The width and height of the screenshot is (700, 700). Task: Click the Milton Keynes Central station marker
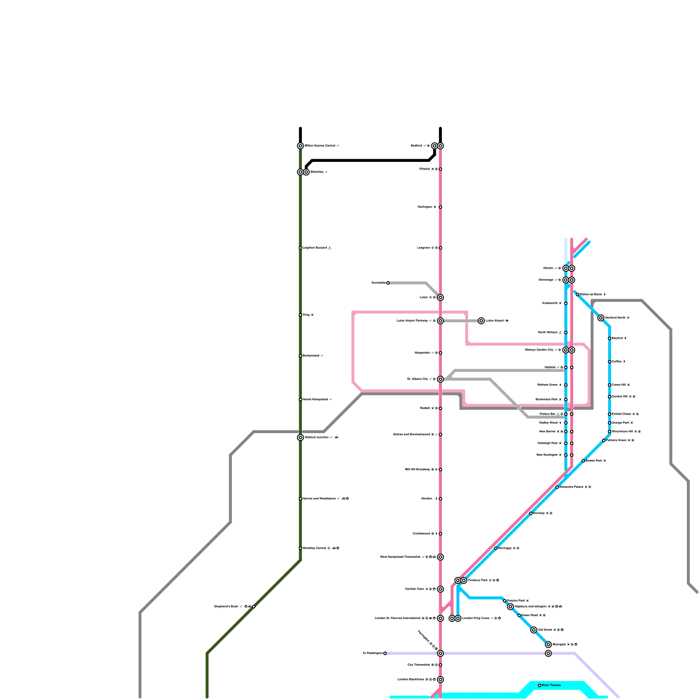tap(300, 146)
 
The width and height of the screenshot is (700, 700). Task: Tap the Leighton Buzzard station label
tap(315, 248)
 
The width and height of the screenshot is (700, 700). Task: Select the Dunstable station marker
tap(388, 283)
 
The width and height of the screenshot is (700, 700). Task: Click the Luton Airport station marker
tap(481, 321)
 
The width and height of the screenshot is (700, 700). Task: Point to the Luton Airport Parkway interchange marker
tap(440, 321)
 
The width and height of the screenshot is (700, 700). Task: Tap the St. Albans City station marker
tap(440, 379)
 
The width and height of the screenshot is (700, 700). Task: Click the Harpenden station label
tap(422, 353)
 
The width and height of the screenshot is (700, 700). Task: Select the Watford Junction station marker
tap(300, 437)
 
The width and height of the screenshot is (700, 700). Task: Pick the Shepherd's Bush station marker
tap(254, 606)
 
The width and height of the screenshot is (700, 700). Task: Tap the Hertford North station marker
tap(601, 318)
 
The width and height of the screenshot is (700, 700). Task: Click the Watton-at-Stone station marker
tap(577, 294)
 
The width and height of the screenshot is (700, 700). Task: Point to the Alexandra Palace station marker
tap(557, 487)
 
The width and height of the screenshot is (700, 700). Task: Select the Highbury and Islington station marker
tap(510, 606)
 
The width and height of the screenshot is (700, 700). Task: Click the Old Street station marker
tap(534, 630)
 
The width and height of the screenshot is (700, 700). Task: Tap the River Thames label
tap(551, 685)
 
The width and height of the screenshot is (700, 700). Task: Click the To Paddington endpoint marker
tap(385, 653)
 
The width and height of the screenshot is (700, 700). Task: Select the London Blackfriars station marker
tap(440, 679)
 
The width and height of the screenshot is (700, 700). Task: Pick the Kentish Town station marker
tap(440, 589)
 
